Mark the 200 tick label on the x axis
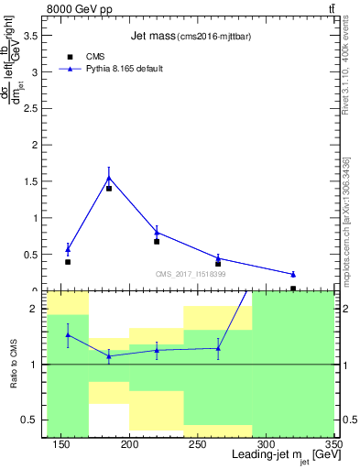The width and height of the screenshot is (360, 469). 129,444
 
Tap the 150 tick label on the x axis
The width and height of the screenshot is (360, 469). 61,444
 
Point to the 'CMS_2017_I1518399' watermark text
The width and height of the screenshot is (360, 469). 189,274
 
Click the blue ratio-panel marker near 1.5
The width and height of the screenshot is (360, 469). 68,334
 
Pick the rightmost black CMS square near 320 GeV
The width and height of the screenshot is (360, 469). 293,289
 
